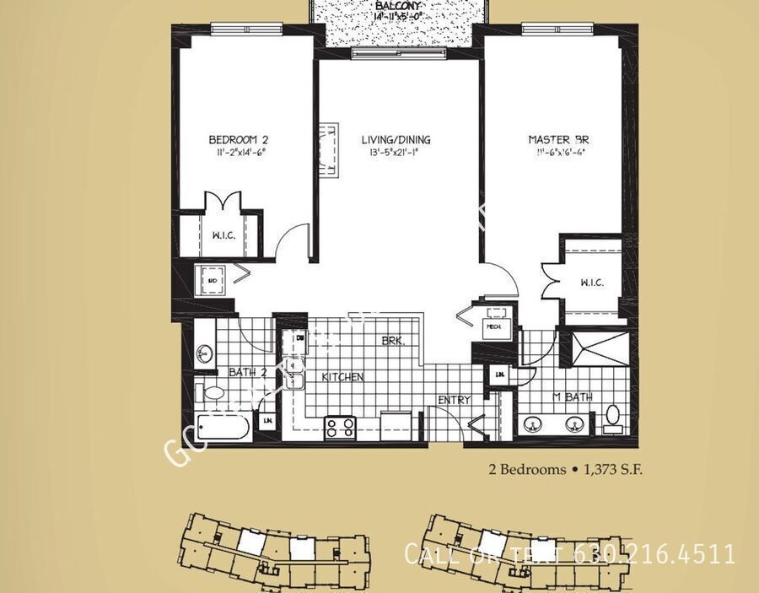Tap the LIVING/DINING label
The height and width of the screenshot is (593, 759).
tap(396, 139)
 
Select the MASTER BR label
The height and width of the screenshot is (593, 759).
tap(557, 139)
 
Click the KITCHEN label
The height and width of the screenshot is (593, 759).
tap(342, 377)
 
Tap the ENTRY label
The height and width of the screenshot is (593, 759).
tap(453, 400)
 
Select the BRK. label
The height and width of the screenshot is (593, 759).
tap(393, 342)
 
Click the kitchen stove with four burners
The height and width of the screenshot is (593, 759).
tap(341, 427)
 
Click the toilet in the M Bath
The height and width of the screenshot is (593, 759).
tap(612, 418)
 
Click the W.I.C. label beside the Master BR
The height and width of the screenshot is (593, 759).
tap(591, 283)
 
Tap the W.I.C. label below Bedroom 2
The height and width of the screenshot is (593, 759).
tap(223, 235)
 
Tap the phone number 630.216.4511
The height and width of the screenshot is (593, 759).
tap(654, 554)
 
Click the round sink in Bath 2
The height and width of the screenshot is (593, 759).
tap(203, 353)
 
